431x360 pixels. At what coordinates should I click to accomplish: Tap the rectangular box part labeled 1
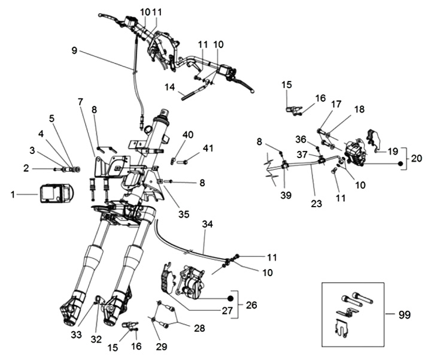(55, 195)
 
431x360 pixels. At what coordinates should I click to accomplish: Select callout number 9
(74, 52)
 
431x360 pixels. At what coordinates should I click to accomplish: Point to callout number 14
(170, 87)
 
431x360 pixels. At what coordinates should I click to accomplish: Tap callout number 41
(208, 148)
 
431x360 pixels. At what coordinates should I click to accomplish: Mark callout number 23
(317, 203)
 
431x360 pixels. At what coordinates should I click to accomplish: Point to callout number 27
(226, 310)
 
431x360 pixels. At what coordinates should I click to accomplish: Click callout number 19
(392, 152)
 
